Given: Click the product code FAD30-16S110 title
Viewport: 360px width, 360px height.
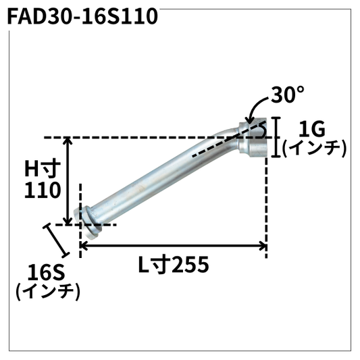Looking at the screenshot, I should coord(82,16).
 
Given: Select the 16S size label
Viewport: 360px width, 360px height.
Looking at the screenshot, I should coord(46,273).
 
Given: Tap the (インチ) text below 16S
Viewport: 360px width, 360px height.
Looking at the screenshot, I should coord(47,292).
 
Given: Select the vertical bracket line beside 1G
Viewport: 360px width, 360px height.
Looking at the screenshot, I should coord(276,137).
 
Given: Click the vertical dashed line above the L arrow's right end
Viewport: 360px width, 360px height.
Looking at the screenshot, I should coord(267,196).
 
